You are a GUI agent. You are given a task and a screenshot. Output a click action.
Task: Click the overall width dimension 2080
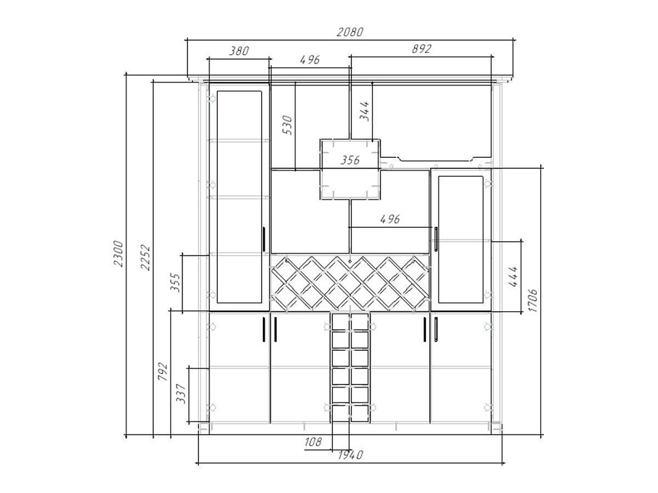350,32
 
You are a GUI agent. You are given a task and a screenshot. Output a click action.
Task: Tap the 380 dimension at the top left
239,51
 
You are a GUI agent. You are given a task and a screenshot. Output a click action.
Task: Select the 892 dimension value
421,49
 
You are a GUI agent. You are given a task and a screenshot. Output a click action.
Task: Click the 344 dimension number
364,111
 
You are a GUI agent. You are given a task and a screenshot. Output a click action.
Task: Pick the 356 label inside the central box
350,160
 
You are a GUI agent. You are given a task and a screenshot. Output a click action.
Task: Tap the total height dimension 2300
118,254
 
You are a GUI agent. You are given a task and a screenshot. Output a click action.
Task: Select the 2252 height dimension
145,258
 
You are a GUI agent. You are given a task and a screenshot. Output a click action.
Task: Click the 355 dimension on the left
175,283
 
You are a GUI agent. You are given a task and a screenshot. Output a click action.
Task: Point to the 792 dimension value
162,372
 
